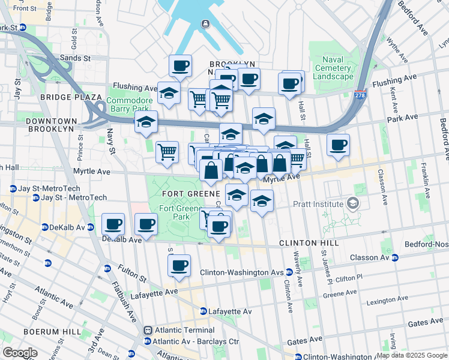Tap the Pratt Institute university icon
pyautogui.click(x=352, y=204)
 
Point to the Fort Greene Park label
pyautogui.click(x=175, y=212)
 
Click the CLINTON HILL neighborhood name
pyautogui.click(x=309, y=243)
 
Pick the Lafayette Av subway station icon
pyautogui.click(x=203, y=311)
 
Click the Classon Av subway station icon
pyautogui.click(x=395, y=258)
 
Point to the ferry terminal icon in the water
pyautogui.click(x=205, y=24)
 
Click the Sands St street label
pyautogui.click(x=74, y=58)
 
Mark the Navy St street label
pyautogui.click(x=111, y=141)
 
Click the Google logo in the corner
pyautogui.click(x=20, y=353)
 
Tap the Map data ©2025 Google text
pyautogui.click(x=412, y=355)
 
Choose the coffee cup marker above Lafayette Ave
pyautogui.click(x=179, y=266)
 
